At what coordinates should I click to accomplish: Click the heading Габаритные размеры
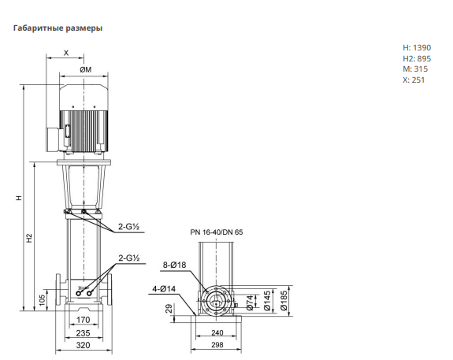pyautogui.click(x=58, y=28)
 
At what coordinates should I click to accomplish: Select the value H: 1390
pyautogui.click(x=417, y=47)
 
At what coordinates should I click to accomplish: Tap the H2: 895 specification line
pyautogui.click(x=417, y=58)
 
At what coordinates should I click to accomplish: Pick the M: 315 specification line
pyautogui.click(x=415, y=69)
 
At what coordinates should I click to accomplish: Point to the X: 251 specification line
pyautogui.click(x=414, y=80)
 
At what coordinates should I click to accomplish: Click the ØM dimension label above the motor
pyautogui.click(x=86, y=69)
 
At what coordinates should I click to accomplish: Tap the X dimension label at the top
pyautogui.click(x=66, y=53)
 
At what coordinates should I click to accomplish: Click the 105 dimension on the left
pyautogui.click(x=43, y=300)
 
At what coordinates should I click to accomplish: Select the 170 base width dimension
pyautogui.click(x=83, y=320)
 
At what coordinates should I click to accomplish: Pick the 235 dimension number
pyautogui.click(x=83, y=333)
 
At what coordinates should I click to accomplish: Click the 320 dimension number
pyautogui.click(x=83, y=345)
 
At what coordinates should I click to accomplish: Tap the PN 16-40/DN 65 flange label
pyautogui.click(x=217, y=232)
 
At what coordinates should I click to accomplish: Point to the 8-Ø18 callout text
pyautogui.click(x=174, y=265)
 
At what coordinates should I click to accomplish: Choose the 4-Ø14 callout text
pyautogui.click(x=164, y=288)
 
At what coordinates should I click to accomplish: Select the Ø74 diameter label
pyautogui.click(x=251, y=302)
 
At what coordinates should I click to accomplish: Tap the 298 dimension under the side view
pyautogui.click(x=217, y=345)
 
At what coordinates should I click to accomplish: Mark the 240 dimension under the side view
pyautogui.click(x=217, y=333)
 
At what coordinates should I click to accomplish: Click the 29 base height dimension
pyautogui.click(x=169, y=308)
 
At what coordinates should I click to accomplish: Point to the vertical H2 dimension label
pyautogui.click(x=29, y=237)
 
